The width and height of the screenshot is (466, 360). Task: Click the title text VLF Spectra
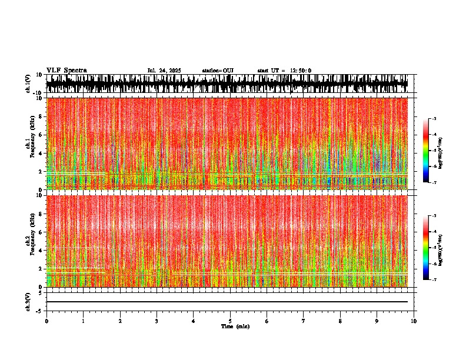pyautogui.click(x=66, y=71)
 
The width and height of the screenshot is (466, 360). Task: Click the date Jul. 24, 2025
pyautogui.click(x=165, y=71)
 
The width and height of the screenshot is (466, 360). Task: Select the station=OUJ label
pyautogui.click(x=218, y=71)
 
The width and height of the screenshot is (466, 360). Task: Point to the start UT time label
pyautogui.click(x=284, y=71)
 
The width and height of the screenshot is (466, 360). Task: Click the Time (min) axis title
pyautogui.click(x=235, y=326)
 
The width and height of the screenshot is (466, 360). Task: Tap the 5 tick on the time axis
pyautogui.click(x=230, y=321)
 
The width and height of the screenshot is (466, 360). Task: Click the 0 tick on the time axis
pyautogui.click(x=46, y=321)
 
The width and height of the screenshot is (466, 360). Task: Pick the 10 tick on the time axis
pyautogui.click(x=414, y=321)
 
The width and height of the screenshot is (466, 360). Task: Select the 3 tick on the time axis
pyautogui.click(x=157, y=321)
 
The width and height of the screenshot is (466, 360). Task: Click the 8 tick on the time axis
pyautogui.click(x=341, y=321)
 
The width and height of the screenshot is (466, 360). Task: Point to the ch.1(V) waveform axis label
pyautogui.click(x=28, y=84)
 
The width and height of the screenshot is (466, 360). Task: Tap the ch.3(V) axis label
pyautogui.click(x=28, y=301)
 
